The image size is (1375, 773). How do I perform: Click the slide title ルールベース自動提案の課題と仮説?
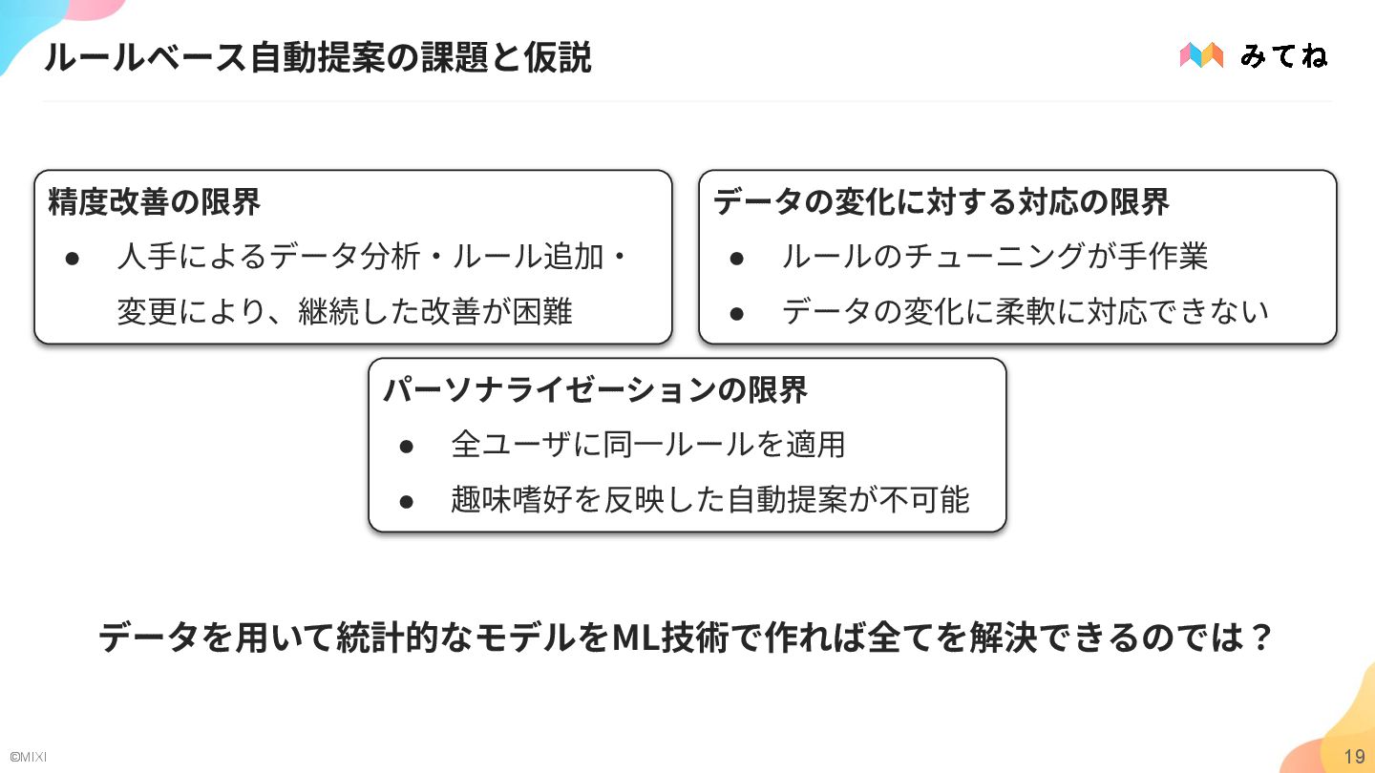point(317,58)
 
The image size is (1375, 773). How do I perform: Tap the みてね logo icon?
point(1201,55)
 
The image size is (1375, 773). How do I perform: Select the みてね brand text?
point(1283,56)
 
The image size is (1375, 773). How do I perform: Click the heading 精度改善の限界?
point(154,202)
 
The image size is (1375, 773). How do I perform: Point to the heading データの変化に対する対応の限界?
point(941,202)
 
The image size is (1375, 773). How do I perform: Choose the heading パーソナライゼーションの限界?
point(595,390)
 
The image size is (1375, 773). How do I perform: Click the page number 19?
point(1354,757)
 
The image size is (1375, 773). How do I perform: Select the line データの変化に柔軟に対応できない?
point(1025,311)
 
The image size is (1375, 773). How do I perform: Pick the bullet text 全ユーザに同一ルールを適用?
point(648,444)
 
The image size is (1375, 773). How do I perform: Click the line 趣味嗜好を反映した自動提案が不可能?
point(710,499)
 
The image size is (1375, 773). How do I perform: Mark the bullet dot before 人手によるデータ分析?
point(71,258)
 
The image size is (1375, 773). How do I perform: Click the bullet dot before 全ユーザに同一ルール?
point(406,445)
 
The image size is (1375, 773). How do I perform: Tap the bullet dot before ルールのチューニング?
point(736,258)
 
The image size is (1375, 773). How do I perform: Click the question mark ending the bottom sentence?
point(1262,638)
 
